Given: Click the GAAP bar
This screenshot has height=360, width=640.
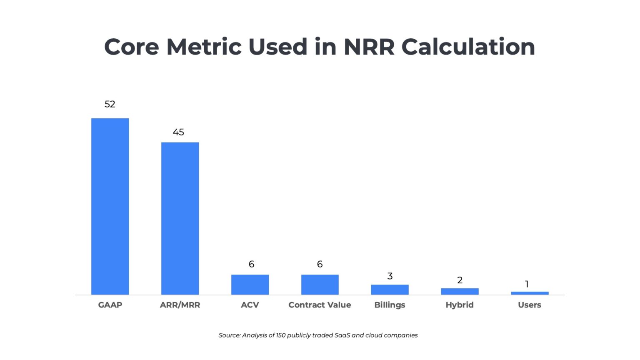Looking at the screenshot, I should tap(110, 206).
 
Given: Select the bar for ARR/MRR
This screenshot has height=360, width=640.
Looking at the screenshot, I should tap(180, 218).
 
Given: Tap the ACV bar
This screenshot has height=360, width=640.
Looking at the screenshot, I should tap(250, 285).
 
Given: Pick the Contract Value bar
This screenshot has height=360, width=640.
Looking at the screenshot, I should tap(320, 285).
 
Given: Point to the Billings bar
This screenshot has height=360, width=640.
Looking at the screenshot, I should tap(390, 290).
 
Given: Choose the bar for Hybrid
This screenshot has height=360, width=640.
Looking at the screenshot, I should tap(460, 291).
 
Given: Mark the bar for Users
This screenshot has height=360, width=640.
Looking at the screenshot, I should tap(530, 293).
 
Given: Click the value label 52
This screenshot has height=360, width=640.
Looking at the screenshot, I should tap(110, 104).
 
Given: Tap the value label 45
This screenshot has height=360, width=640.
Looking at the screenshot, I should tap(178, 132).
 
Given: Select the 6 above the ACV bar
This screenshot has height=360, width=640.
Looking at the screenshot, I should tap(251, 264).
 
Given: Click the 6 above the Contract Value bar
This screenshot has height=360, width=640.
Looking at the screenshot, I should tap(320, 264).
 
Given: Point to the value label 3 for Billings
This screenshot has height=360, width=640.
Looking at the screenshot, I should tap(390, 276).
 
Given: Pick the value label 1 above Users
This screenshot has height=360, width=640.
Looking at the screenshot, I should tap(527, 284).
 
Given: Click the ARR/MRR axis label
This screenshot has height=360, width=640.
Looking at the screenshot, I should tap(180, 305).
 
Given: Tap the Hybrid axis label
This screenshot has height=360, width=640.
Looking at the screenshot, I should tap(460, 305).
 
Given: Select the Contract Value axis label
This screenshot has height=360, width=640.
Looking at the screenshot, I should tap(320, 305).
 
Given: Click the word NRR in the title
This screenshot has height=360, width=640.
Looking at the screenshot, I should tap(369, 47).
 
